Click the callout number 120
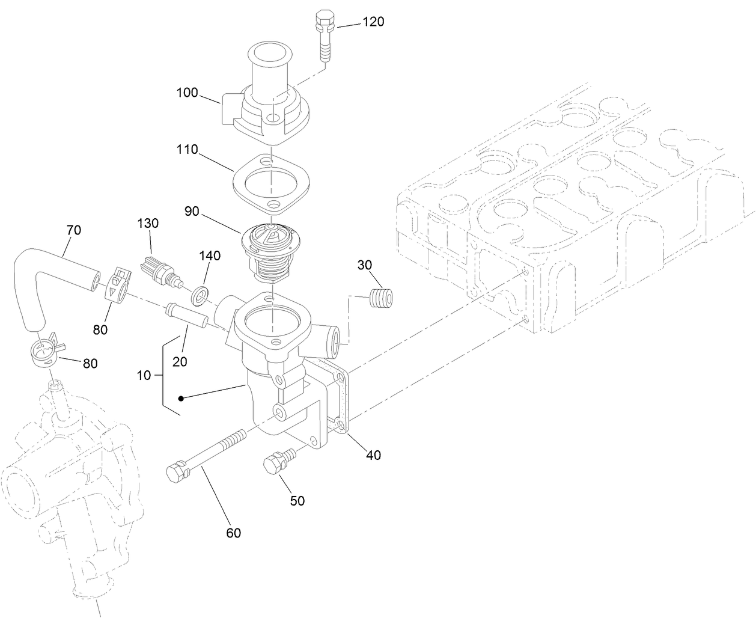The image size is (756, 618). tap(373, 22)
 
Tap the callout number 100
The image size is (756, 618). tap(187, 93)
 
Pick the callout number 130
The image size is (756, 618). tap(148, 224)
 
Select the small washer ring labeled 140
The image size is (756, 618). tap(200, 295)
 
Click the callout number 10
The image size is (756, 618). tap(144, 376)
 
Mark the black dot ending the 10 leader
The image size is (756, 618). tap(181, 398)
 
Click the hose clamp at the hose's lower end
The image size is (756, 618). tap(44, 352)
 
